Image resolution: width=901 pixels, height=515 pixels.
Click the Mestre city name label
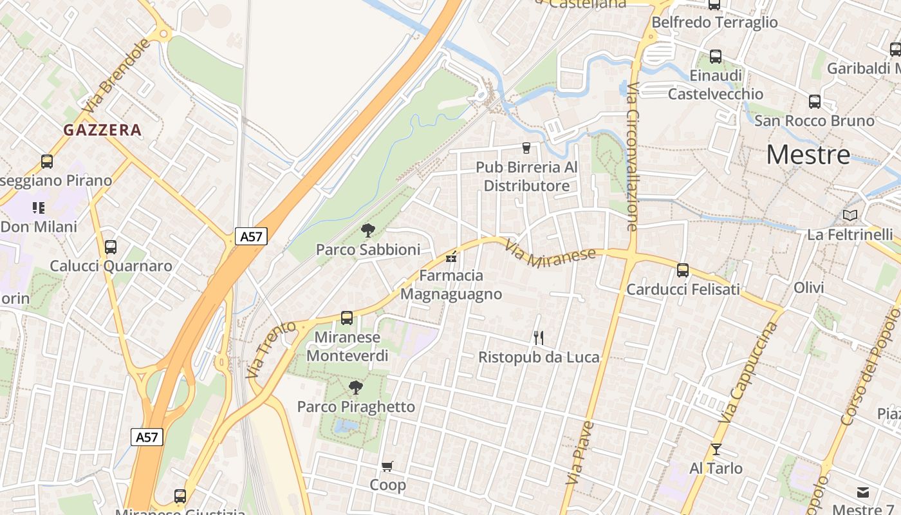(x=808, y=154)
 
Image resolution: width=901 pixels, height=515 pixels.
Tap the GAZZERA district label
(x=102, y=130)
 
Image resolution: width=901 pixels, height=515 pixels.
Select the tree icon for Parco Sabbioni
(x=368, y=230)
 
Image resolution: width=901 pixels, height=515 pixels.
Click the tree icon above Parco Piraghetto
(x=355, y=387)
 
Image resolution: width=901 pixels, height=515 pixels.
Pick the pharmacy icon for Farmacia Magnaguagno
(x=451, y=257)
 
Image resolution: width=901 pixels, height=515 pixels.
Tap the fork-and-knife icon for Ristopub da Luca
(x=539, y=337)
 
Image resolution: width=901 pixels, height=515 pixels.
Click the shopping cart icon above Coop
(x=387, y=466)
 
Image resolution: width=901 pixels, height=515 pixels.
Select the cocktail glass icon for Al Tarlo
(x=716, y=449)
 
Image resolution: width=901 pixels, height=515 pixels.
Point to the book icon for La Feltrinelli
(x=850, y=215)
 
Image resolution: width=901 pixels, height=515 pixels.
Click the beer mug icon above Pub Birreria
(x=526, y=148)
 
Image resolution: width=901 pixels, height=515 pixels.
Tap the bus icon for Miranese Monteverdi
(x=347, y=317)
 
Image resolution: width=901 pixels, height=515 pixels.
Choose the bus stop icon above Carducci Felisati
(x=683, y=270)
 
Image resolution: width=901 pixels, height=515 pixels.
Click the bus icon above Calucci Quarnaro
(x=111, y=247)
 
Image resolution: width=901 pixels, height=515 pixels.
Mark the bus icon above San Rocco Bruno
(x=815, y=101)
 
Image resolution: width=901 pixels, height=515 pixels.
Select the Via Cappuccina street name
(x=747, y=373)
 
